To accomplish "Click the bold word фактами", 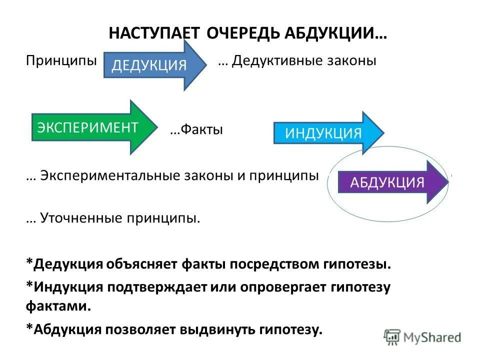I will (58, 306).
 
